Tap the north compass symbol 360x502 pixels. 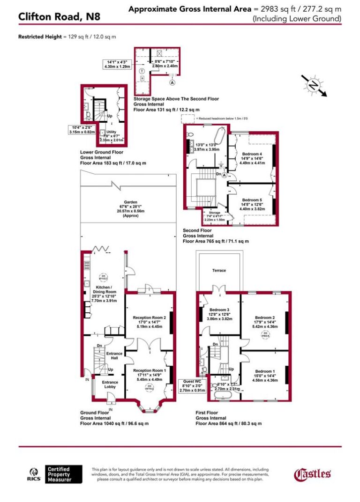(x=313, y=85)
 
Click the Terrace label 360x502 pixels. (x=219, y=270)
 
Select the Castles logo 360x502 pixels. (x=313, y=474)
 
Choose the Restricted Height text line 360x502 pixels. (x=67, y=36)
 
